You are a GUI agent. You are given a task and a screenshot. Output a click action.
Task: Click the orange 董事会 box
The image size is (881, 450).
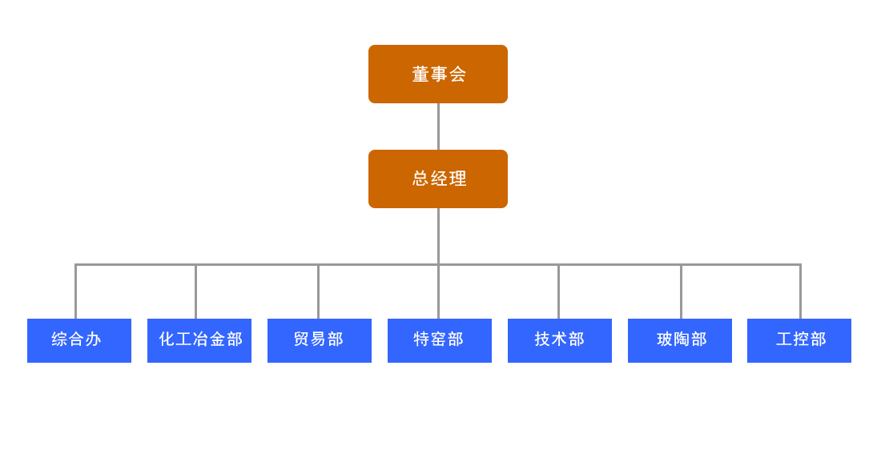437,74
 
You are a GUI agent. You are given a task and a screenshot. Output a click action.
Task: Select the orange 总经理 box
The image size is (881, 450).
437,179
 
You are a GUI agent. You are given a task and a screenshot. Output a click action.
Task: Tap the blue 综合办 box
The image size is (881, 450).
78,340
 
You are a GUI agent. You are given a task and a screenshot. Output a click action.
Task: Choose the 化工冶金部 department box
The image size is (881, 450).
199,340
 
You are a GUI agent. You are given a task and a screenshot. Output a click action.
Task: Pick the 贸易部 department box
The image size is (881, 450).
319,340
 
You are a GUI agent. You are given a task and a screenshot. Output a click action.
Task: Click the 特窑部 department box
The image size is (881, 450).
439,340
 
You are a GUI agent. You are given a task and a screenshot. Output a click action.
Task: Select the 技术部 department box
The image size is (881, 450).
559,340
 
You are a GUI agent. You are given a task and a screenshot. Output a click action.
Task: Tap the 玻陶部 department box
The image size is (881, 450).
679,340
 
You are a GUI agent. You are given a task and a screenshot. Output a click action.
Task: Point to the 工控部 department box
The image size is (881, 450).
799,340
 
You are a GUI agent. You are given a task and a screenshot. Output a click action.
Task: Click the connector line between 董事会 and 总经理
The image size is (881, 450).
438,127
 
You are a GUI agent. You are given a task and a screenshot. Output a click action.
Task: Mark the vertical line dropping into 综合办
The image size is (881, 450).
75,292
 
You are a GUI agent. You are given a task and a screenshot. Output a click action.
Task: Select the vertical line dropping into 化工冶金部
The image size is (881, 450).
195,292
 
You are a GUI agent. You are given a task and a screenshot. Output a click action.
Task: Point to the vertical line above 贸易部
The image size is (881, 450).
318,292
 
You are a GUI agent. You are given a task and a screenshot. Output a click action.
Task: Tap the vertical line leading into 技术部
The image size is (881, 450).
558,292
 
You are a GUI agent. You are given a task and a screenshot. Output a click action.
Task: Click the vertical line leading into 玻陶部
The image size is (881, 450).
681,292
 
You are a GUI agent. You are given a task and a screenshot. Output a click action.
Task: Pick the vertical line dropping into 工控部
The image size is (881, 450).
800,292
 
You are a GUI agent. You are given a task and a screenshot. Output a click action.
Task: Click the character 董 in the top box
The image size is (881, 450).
420,74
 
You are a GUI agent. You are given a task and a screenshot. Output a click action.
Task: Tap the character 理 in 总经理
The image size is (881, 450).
458,179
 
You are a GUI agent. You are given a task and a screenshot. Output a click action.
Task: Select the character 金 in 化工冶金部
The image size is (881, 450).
217,340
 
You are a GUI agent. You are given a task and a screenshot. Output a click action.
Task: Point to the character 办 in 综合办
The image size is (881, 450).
94,340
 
